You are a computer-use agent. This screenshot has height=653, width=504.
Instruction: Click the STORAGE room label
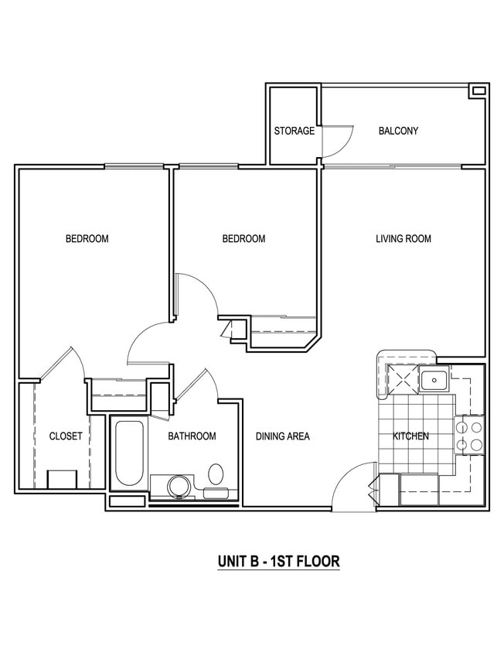[x=294, y=131]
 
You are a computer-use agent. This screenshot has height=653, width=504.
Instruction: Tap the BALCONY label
[x=398, y=131]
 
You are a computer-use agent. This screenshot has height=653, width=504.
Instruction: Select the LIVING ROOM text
[x=404, y=238]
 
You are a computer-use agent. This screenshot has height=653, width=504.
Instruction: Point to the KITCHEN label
[x=410, y=436]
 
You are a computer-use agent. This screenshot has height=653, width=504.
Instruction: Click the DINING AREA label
[x=283, y=436]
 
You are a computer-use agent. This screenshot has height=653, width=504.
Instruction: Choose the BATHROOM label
[x=192, y=436]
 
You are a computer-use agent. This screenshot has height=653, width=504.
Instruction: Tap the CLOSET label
[x=66, y=436]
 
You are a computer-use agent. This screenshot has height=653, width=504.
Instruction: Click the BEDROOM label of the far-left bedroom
[x=87, y=238]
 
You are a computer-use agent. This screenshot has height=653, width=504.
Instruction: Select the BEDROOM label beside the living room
[x=243, y=238]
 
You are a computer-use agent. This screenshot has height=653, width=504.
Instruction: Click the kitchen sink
[x=434, y=380]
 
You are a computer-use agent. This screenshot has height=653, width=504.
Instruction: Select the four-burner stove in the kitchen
[x=472, y=435]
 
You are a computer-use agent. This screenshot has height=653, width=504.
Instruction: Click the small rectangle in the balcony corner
[x=478, y=91]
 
